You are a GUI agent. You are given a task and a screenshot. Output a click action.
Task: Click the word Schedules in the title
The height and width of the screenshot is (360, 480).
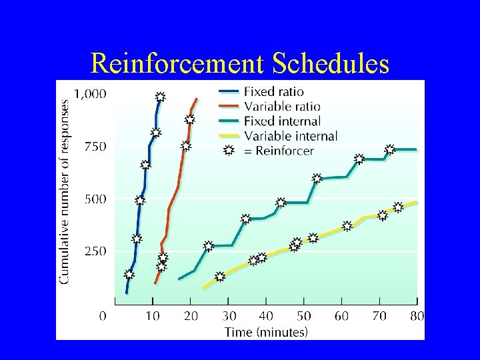pos(330,63)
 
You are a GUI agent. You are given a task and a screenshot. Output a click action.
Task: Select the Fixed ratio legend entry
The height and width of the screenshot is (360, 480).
pos(273,92)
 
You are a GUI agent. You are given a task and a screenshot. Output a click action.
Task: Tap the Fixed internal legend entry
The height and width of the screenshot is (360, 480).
pos(282,121)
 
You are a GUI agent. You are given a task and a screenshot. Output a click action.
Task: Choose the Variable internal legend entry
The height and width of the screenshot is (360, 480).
pos(291,136)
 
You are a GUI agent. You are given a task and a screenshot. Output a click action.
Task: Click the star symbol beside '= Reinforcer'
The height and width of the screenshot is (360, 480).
pos(228,151)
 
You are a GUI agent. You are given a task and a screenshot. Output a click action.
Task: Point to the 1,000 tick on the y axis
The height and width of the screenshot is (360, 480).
pos(89,94)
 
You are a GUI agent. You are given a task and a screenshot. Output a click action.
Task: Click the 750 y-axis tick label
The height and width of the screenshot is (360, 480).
pos(94,147)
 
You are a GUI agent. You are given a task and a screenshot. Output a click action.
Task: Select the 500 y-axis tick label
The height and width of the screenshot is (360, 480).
pos(94,199)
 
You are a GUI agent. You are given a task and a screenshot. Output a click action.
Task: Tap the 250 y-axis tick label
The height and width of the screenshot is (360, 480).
pos(94,252)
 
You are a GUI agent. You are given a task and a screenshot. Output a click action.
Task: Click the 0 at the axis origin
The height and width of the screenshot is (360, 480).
pos(103,315)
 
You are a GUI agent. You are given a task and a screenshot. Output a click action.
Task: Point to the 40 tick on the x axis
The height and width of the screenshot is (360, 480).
pos(266,315)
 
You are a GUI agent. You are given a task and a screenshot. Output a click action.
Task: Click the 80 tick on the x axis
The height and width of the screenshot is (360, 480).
pos(417,315)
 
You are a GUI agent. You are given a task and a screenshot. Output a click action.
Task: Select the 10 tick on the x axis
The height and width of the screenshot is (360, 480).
pos(153,315)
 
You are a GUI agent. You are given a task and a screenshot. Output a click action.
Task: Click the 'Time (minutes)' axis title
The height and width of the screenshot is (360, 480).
pos(266,331)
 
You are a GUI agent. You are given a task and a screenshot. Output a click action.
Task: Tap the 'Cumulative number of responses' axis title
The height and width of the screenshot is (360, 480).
pos(65,192)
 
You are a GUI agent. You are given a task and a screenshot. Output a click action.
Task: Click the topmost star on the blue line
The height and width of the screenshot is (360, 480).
pos(160,97)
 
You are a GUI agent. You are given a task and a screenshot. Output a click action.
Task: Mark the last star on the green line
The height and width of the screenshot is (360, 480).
pos(390,149)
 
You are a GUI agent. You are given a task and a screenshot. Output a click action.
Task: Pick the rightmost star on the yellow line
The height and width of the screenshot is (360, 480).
pos(398,207)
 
